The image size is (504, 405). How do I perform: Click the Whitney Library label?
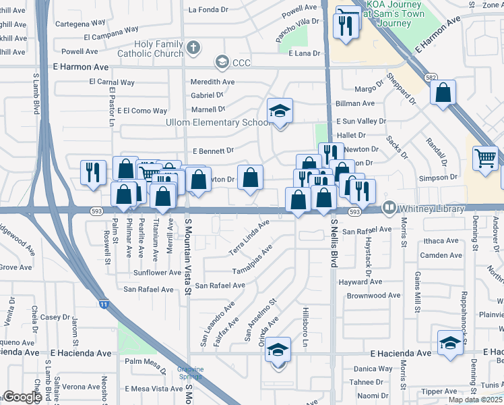(x=432, y=209)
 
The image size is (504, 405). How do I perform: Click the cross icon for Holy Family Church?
(x=193, y=47)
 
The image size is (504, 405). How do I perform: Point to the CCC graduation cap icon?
(x=221, y=63)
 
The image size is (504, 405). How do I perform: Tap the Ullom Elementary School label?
(x=218, y=122)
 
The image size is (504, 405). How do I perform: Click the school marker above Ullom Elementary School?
(x=280, y=111)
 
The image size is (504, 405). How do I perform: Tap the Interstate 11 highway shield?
(x=103, y=304)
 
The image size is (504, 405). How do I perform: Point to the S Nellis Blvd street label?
(x=333, y=242)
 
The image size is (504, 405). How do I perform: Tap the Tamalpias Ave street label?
(x=252, y=260)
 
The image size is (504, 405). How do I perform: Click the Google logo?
(x=22, y=397)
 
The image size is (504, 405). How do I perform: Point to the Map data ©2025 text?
(x=476, y=400)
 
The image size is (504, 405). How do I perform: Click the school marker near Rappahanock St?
(x=450, y=343)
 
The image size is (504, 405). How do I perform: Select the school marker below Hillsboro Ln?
(x=278, y=350)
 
